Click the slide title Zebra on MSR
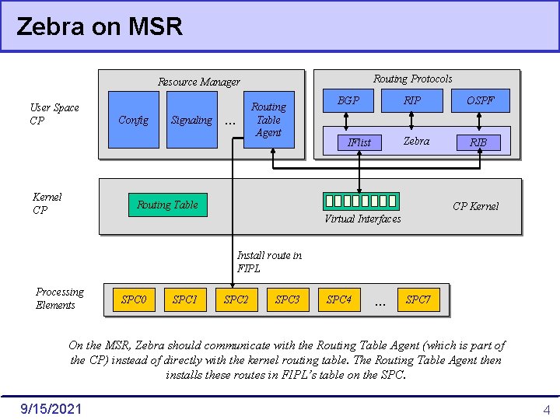pos(100,27)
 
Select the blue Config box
pos(133,120)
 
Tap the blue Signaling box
pos(191,120)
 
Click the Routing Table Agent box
pos(268,120)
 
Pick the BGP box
pos(348,101)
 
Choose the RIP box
pos(412,101)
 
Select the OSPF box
pos(480,101)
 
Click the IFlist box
pos(359,142)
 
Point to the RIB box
pos(478,142)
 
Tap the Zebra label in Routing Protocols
pos(416,141)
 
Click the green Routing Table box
pos(168,205)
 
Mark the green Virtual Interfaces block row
pos(360,201)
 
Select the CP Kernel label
pos(475,206)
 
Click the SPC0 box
pos(134,299)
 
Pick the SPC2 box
pos(236,299)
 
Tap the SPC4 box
pos(338,299)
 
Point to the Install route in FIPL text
pos(269,262)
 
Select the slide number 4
pos(546,410)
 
